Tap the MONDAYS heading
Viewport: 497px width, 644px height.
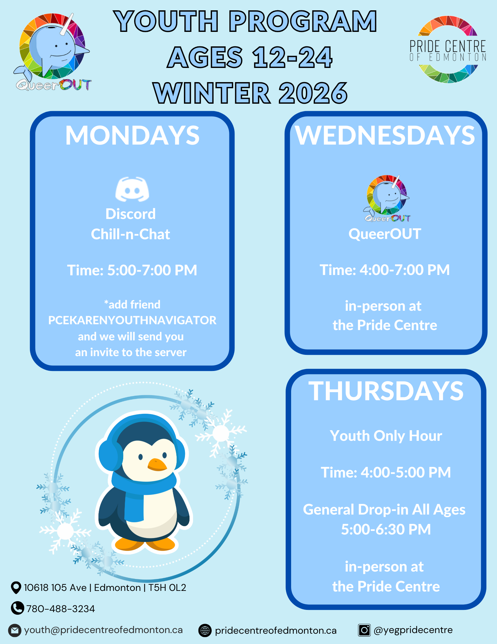click(x=132, y=136)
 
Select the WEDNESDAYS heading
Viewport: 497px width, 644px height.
click(x=385, y=136)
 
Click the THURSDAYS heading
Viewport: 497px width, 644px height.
click(x=386, y=391)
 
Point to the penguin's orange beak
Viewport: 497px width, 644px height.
click(x=157, y=465)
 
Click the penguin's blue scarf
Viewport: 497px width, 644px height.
click(x=142, y=493)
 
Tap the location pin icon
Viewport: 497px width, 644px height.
click(x=16, y=588)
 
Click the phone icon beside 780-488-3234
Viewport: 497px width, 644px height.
click(x=17, y=608)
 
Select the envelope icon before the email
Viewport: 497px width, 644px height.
click(x=15, y=630)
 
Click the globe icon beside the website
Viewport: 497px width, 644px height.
click(x=205, y=630)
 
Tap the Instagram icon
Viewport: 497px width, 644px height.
click(x=364, y=630)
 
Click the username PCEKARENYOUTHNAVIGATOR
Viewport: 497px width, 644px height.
click(x=132, y=320)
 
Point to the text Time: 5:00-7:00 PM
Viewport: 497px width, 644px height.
click(x=132, y=270)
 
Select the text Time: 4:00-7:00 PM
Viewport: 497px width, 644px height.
click(x=385, y=270)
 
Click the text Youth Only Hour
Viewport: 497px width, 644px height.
click(x=386, y=436)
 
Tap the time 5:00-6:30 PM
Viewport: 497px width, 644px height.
click(x=386, y=529)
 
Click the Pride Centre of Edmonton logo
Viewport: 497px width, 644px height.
click(x=448, y=50)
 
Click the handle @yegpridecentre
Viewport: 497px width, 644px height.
click(x=413, y=630)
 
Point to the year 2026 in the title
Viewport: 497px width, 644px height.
click(x=313, y=93)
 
